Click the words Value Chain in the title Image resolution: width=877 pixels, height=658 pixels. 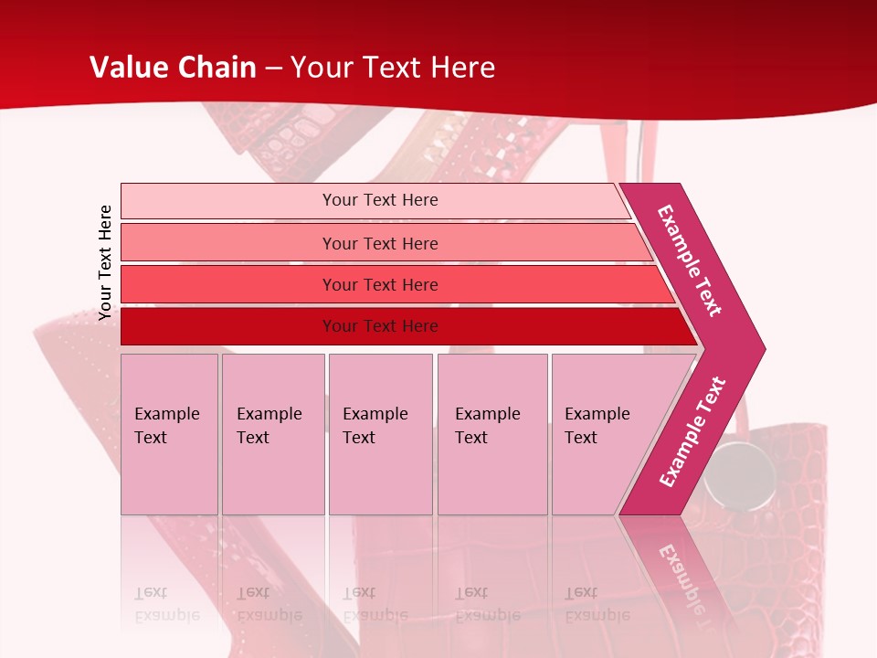[173, 68]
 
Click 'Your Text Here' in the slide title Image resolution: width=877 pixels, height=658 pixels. [393, 68]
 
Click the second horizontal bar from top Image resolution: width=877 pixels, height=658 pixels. [380, 243]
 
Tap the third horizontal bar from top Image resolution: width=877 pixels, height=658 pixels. [380, 284]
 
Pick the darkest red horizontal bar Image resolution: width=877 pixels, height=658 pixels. [380, 326]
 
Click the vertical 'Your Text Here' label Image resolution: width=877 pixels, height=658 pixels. [105, 262]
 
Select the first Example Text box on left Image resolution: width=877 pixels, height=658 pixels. [169, 433]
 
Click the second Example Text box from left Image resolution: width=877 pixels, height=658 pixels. [272, 433]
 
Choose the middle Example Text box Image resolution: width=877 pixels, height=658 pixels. [380, 433]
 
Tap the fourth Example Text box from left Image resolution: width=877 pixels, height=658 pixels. [491, 433]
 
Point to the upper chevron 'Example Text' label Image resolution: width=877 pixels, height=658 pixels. [690, 260]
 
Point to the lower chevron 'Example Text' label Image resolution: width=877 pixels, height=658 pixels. [692, 432]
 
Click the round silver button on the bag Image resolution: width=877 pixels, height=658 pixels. [731, 468]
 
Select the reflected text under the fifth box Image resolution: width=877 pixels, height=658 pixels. [596, 604]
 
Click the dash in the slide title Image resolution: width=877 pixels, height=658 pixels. [273, 69]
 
